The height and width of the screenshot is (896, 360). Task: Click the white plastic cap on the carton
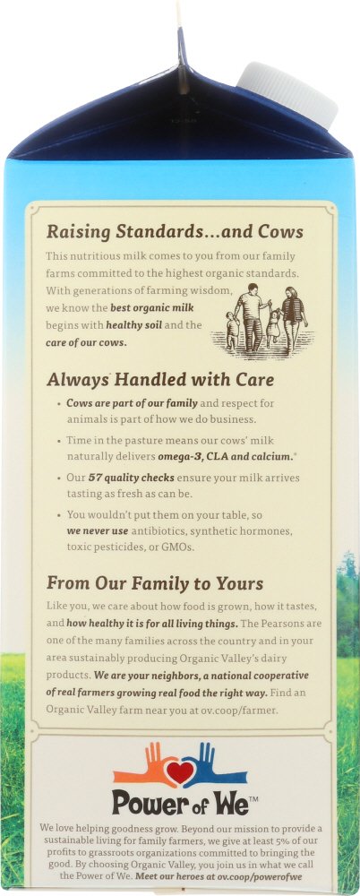click(287, 94)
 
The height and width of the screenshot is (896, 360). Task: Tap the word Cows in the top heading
click(279, 232)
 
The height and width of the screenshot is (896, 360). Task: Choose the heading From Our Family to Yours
click(155, 583)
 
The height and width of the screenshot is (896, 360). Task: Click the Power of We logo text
click(181, 801)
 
